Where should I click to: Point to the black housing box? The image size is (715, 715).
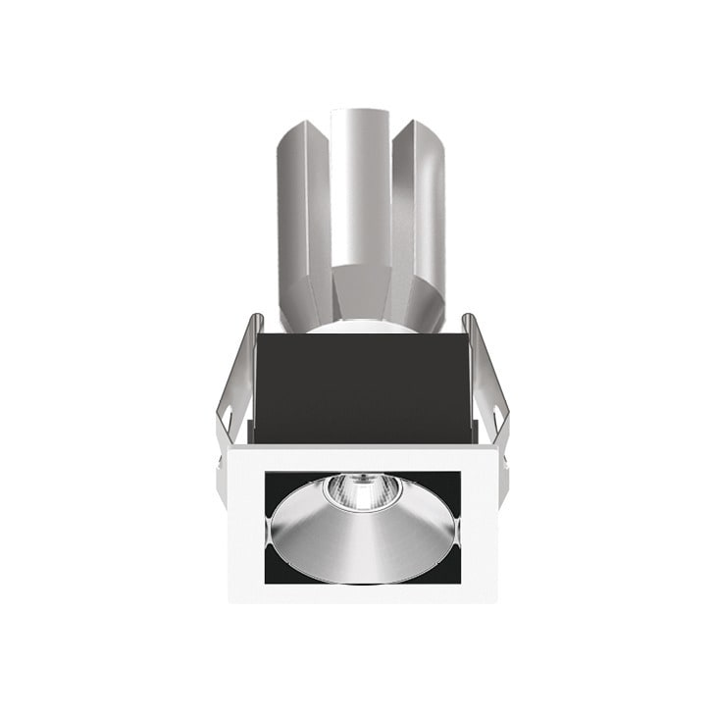pyautogui.click(x=358, y=387)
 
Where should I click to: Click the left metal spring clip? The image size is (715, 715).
pyautogui.click(x=233, y=392)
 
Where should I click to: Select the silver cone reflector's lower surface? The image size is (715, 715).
pyautogui.click(x=363, y=544)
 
